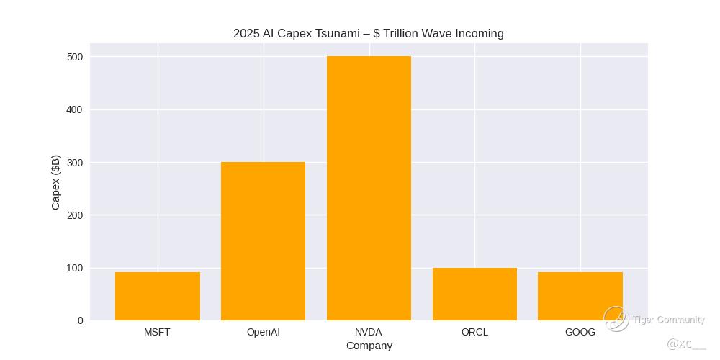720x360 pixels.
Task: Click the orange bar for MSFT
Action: (158, 296)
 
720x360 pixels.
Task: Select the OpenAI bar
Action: (263, 241)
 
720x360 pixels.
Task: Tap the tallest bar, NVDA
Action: (369, 188)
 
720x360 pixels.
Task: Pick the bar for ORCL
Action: (474, 294)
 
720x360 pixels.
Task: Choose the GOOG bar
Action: (580, 296)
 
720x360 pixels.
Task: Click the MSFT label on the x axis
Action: (158, 332)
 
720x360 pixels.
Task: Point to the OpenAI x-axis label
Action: (263, 332)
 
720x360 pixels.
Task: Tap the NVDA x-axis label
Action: (369, 332)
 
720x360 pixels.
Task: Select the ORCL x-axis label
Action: (474, 332)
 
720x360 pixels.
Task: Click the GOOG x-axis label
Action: (580, 332)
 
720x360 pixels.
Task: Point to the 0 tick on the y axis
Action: (80, 320)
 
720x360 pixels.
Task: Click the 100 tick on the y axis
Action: (76, 268)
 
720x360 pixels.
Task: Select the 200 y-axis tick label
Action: (76, 215)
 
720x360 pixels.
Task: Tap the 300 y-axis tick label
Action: (76, 163)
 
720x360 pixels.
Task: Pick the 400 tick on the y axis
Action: (76, 109)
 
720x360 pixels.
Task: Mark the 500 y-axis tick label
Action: (76, 57)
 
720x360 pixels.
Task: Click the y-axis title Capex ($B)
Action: (56, 182)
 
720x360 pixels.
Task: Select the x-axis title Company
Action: (369, 346)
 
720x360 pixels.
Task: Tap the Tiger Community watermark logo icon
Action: (616, 318)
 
